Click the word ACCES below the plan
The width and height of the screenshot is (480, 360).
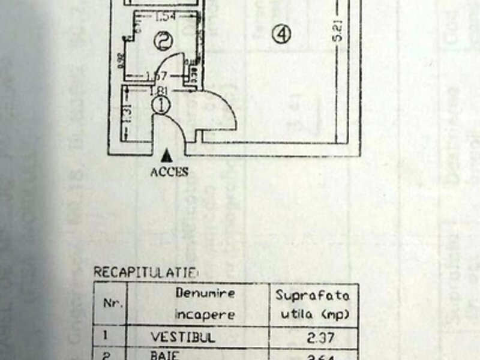169,172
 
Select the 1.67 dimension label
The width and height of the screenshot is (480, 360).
157,76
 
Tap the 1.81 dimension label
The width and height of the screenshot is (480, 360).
159,91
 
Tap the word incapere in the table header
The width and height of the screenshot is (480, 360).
205,314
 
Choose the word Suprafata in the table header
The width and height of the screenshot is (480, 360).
312,295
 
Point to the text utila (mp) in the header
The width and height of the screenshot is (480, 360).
313,314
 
